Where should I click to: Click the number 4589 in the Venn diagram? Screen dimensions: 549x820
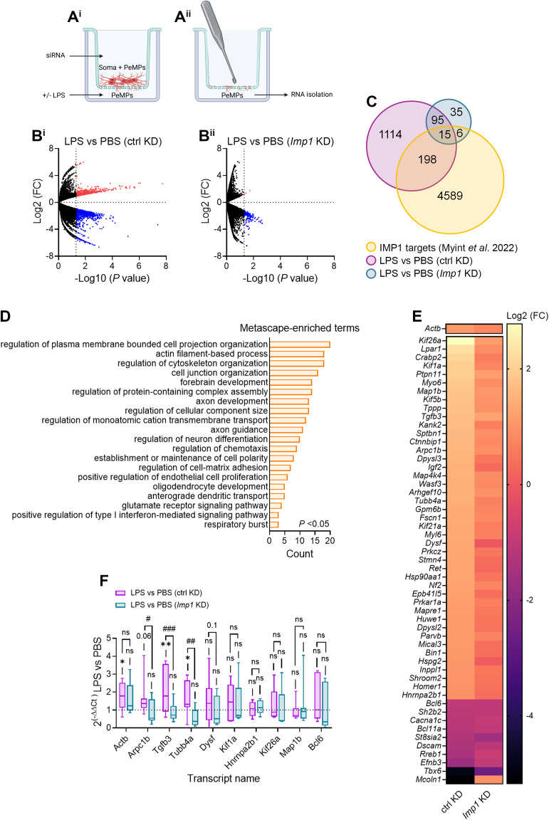449,196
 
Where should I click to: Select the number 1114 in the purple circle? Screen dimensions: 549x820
390,135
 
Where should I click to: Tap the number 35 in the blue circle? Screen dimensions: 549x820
456,112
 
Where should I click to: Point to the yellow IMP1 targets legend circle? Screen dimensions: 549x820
370,248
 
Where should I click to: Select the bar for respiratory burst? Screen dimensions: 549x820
273,525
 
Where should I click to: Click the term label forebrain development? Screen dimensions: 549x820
224,382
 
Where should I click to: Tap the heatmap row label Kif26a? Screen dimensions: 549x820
429,340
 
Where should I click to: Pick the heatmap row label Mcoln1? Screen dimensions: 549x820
429,779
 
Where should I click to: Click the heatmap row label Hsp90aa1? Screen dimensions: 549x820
423,577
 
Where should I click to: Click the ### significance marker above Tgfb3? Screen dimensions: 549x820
169,629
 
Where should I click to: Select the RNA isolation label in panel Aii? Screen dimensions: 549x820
312,95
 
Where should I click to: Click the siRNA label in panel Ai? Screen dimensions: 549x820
55,56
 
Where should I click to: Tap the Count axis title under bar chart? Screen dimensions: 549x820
299,554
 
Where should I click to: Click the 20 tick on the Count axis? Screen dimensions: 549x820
330,541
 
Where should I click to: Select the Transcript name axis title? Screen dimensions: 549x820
224,778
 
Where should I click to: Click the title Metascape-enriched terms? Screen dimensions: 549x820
299,328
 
